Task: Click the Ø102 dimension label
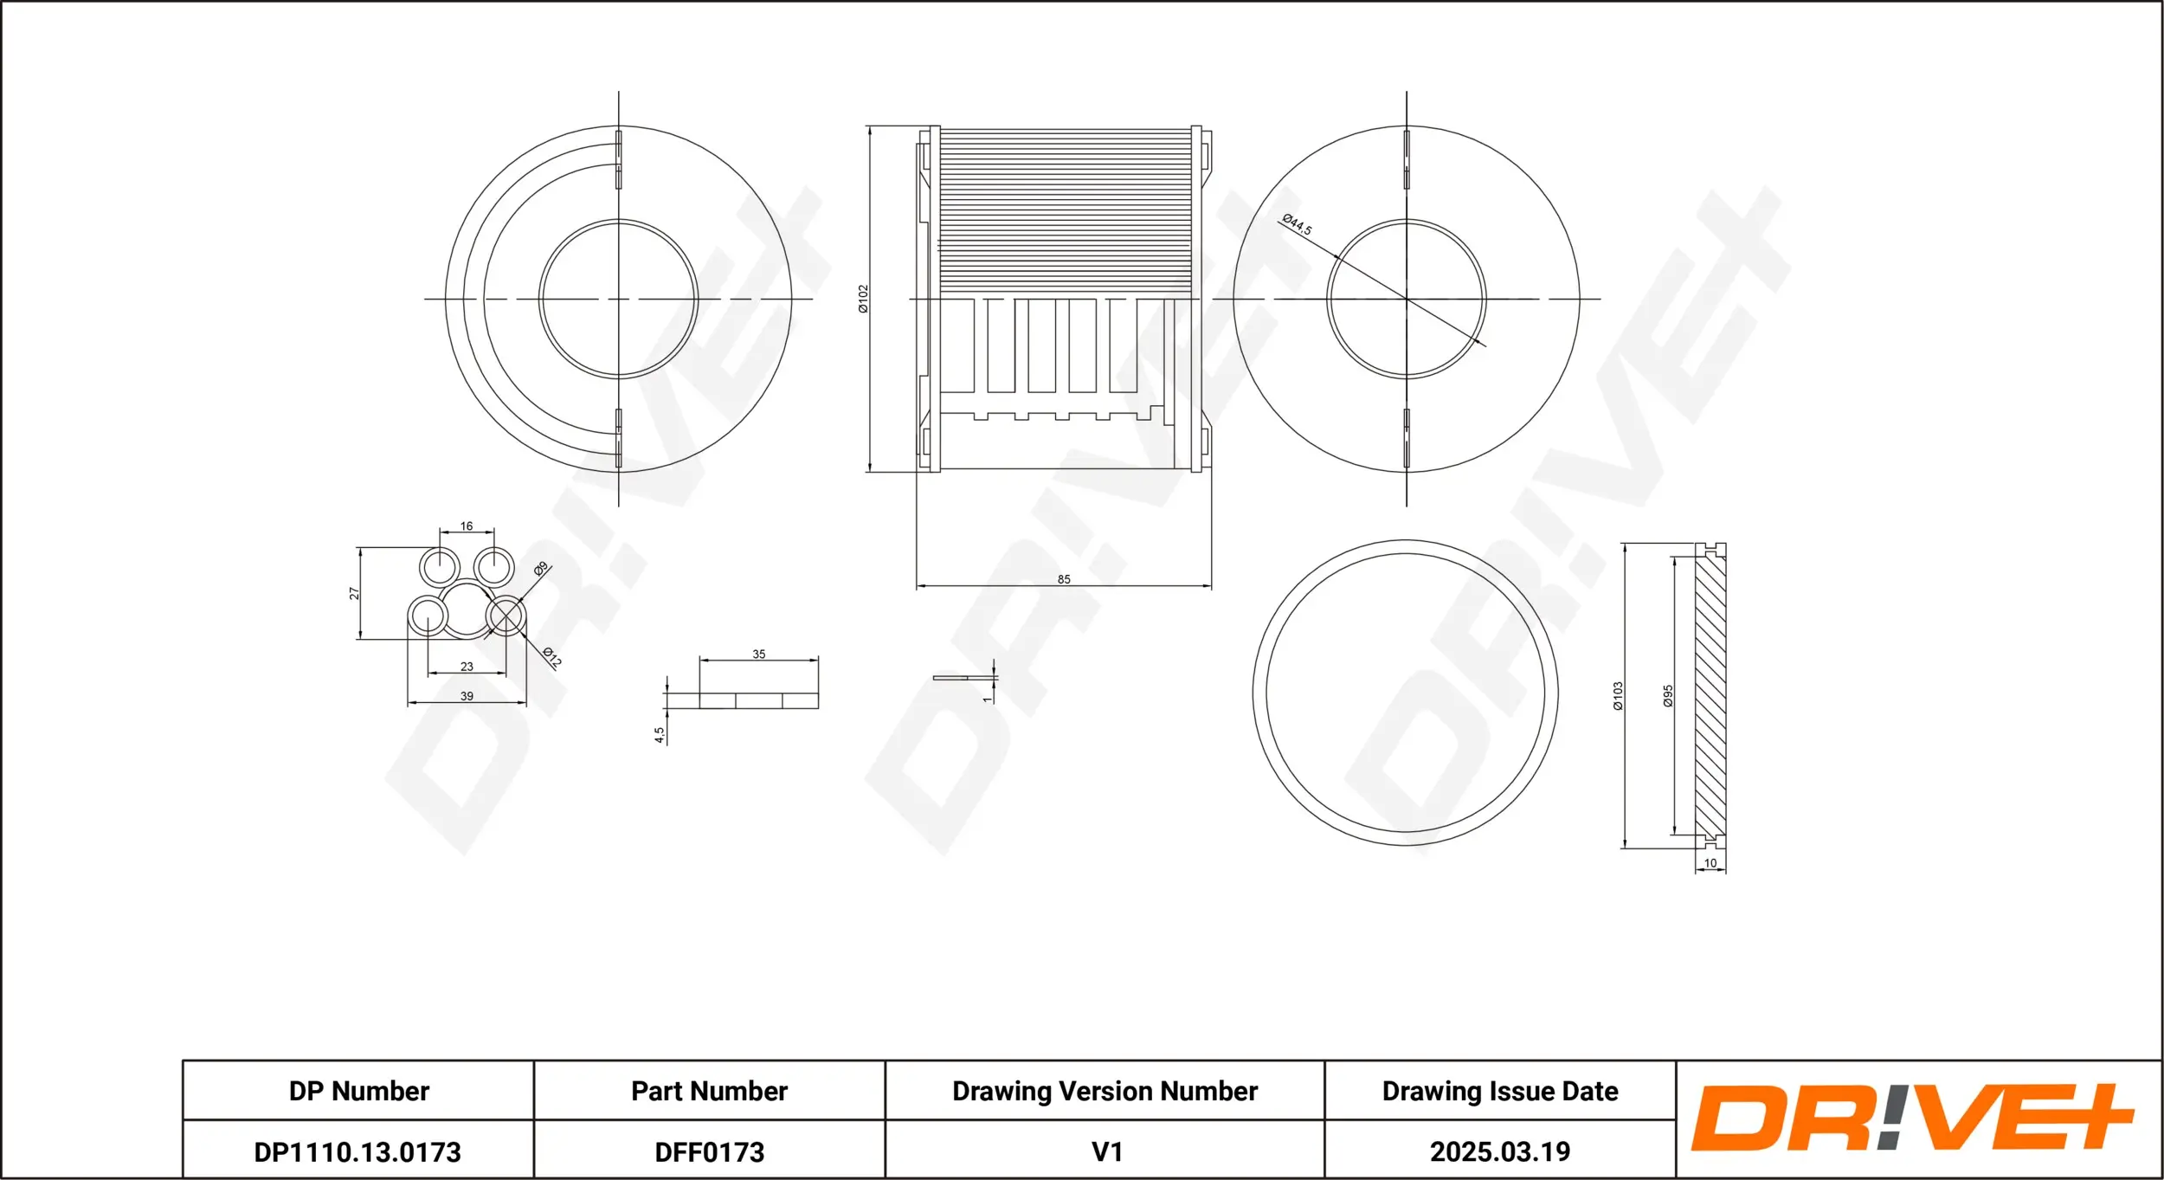(x=862, y=299)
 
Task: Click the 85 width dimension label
(x=1064, y=579)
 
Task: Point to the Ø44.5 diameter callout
(x=1297, y=225)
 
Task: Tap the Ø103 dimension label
(x=1618, y=696)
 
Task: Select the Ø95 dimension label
(x=1668, y=696)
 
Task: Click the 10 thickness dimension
(x=1710, y=863)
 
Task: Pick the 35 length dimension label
(x=758, y=654)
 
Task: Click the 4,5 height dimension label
(x=660, y=734)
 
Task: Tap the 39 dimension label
(x=467, y=696)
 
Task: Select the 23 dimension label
(x=467, y=667)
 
